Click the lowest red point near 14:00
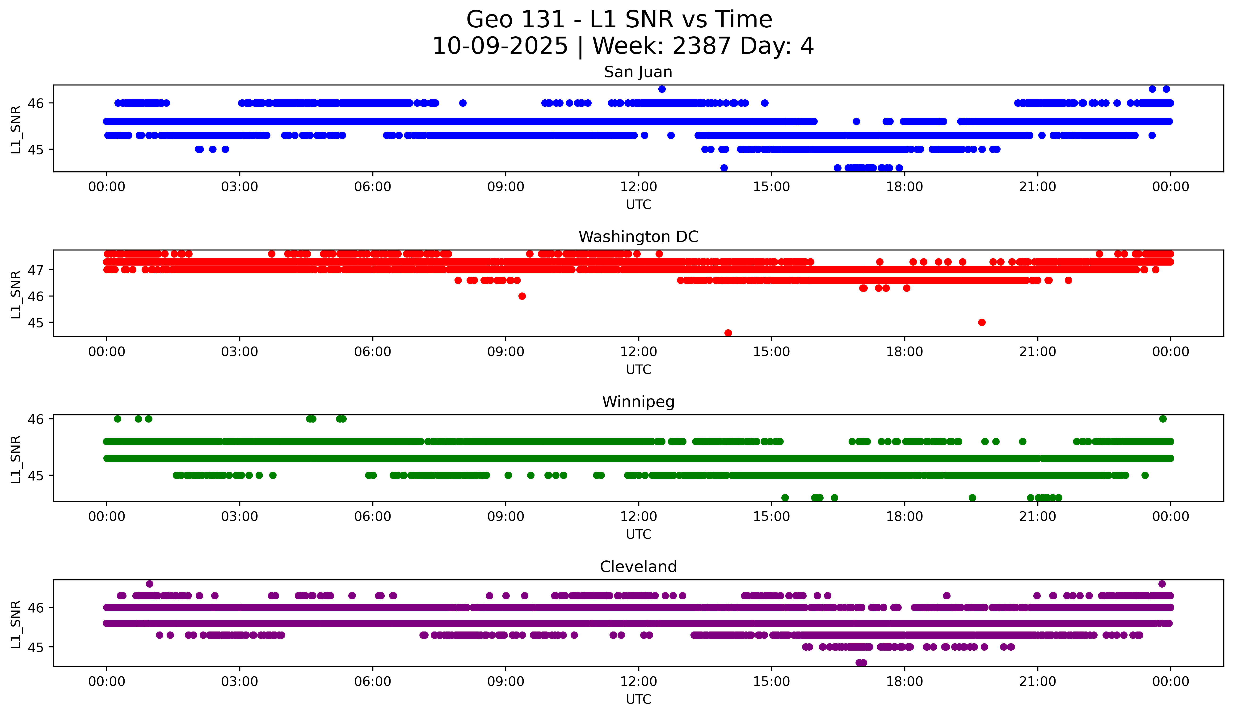728,333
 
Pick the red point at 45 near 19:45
981,322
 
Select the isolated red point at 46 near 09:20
522,296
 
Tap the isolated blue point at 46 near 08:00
463,103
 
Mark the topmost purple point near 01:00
150,584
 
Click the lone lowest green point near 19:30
972,498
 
